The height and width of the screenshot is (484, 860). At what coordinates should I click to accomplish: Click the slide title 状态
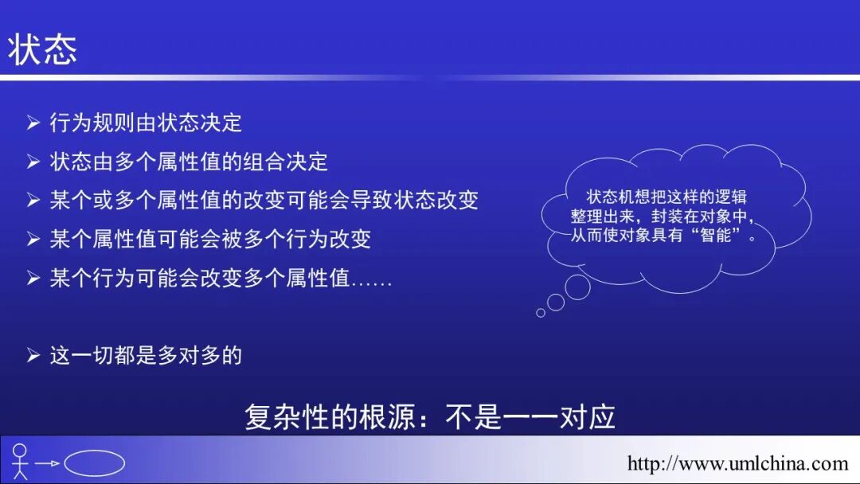(x=43, y=49)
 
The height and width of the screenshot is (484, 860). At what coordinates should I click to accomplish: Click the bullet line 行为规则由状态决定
(x=146, y=123)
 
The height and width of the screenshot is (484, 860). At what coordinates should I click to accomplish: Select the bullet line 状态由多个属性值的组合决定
(x=189, y=162)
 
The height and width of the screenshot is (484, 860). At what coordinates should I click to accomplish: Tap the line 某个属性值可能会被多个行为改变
(x=210, y=239)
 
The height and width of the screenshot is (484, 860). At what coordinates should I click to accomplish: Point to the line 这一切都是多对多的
(x=146, y=355)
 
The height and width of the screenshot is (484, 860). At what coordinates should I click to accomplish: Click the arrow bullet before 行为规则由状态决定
(x=33, y=123)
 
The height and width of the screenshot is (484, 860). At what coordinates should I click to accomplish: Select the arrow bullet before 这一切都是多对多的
(x=33, y=355)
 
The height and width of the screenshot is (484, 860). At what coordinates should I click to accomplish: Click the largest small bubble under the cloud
(x=577, y=287)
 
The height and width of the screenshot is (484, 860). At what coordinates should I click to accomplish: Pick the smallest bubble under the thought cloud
(x=541, y=313)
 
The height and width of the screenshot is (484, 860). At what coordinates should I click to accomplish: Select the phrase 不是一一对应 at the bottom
(x=530, y=417)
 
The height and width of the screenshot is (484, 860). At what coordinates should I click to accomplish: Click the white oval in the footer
(x=94, y=463)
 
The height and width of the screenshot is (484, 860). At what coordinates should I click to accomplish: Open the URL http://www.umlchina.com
(x=737, y=463)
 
